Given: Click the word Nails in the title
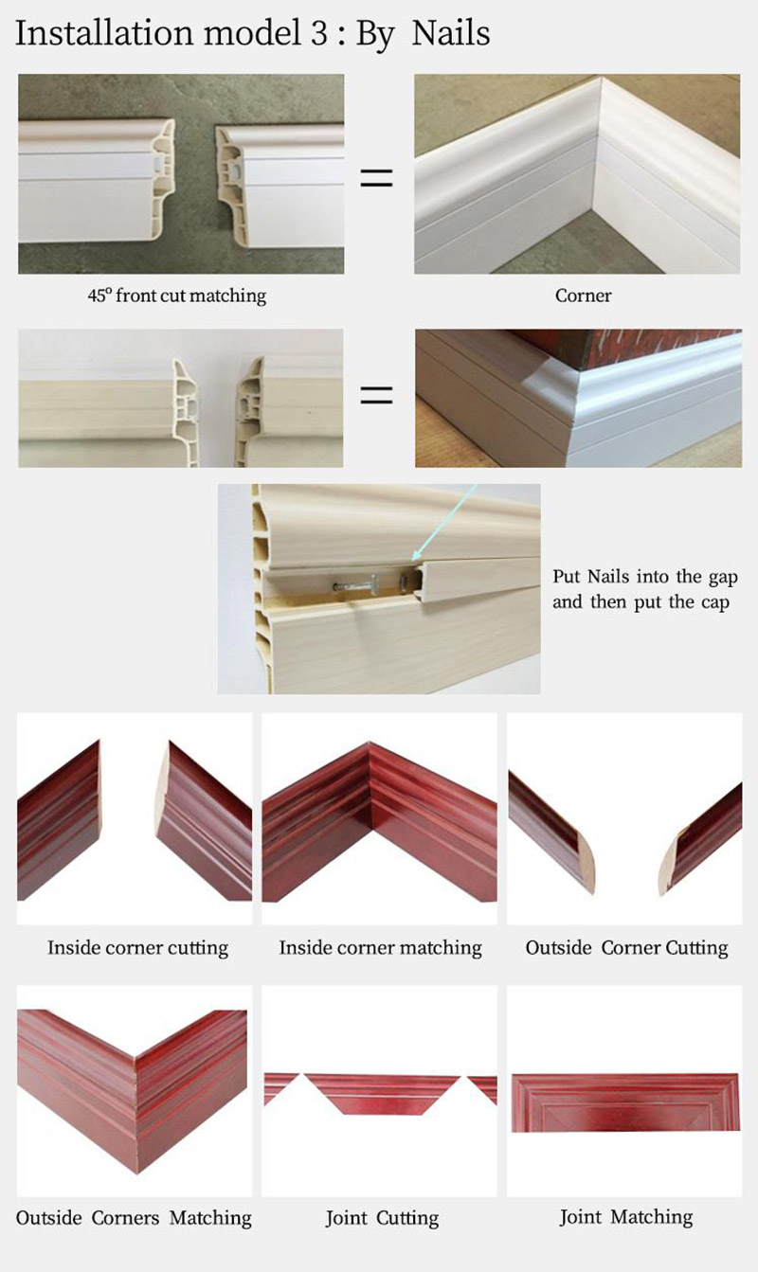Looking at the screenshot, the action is coord(451,33).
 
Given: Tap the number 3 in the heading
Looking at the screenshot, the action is coord(318,33).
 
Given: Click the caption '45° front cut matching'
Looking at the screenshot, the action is coord(177,296).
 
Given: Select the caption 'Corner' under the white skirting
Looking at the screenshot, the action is coord(583,296).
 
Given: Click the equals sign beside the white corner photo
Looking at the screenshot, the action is coord(376,178).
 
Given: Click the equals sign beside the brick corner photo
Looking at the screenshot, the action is coord(376,394).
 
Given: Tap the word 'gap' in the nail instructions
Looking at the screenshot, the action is coord(723,578).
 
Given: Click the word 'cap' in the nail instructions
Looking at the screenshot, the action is coord(715,601).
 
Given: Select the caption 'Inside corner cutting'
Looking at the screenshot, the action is coord(137,947).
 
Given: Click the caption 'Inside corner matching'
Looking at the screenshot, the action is coord(380,947).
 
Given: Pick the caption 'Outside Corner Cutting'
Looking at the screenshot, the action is coord(626,947).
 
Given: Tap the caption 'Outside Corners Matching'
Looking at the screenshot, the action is coord(134,1217).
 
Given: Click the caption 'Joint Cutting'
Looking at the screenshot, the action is coord(382,1217).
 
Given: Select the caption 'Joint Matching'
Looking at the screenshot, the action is coord(626,1216).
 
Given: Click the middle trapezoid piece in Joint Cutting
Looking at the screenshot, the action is coord(382,1093).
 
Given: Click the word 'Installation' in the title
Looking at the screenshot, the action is coord(104,33).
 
